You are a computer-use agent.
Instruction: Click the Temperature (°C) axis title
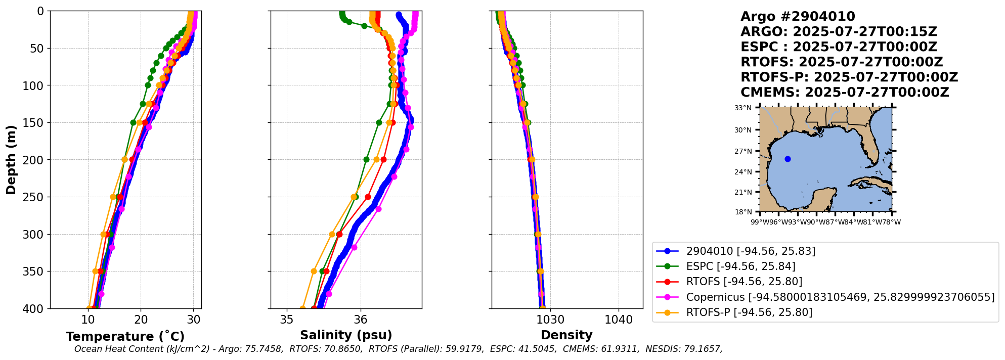(125, 337)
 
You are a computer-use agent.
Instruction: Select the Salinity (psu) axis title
(346, 335)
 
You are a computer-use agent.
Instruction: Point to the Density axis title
(566, 335)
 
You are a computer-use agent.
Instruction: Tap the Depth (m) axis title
(11, 160)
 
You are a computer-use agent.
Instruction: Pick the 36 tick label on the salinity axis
(361, 320)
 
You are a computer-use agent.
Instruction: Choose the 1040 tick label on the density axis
(619, 320)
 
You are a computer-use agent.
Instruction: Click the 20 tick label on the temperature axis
(141, 320)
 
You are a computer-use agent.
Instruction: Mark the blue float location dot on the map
(788, 159)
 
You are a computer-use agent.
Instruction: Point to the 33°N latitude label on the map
(743, 108)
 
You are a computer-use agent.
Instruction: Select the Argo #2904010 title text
(798, 17)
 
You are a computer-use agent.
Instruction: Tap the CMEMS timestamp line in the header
(845, 93)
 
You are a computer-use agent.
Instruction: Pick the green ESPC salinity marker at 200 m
(367, 160)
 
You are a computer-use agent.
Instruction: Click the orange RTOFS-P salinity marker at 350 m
(314, 272)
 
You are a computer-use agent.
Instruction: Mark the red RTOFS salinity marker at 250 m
(368, 197)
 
